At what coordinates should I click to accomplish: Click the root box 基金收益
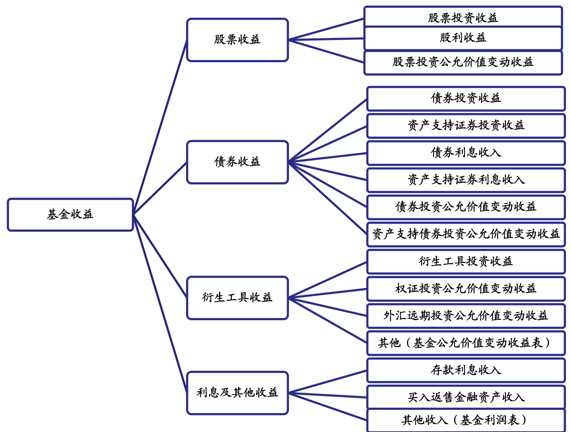[70, 214]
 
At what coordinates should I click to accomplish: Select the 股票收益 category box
[237, 40]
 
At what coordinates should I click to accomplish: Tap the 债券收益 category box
[237, 162]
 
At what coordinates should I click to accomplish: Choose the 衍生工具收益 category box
[237, 297]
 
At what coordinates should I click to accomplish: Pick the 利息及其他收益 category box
[237, 393]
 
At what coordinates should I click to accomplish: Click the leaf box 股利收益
[463, 38]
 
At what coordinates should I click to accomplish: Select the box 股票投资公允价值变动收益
[463, 63]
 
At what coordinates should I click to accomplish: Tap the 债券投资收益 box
[466, 98]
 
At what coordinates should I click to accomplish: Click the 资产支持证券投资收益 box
[466, 125]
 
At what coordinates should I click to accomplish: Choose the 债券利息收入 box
[466, 153]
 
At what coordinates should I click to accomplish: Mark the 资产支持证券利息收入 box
[466, 180]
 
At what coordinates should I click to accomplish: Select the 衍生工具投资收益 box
[466, 261]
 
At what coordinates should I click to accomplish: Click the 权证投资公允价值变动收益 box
[466, 288]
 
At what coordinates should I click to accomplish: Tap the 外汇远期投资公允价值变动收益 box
[466, 316]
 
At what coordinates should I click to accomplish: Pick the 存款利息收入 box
[466, 370]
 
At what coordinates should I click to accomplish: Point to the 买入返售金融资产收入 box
[466, 397]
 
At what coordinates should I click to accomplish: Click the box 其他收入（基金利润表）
[466, 420]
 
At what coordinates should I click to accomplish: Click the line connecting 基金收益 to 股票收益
[160, 127]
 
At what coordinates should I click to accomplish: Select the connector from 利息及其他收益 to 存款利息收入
[327, 382]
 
